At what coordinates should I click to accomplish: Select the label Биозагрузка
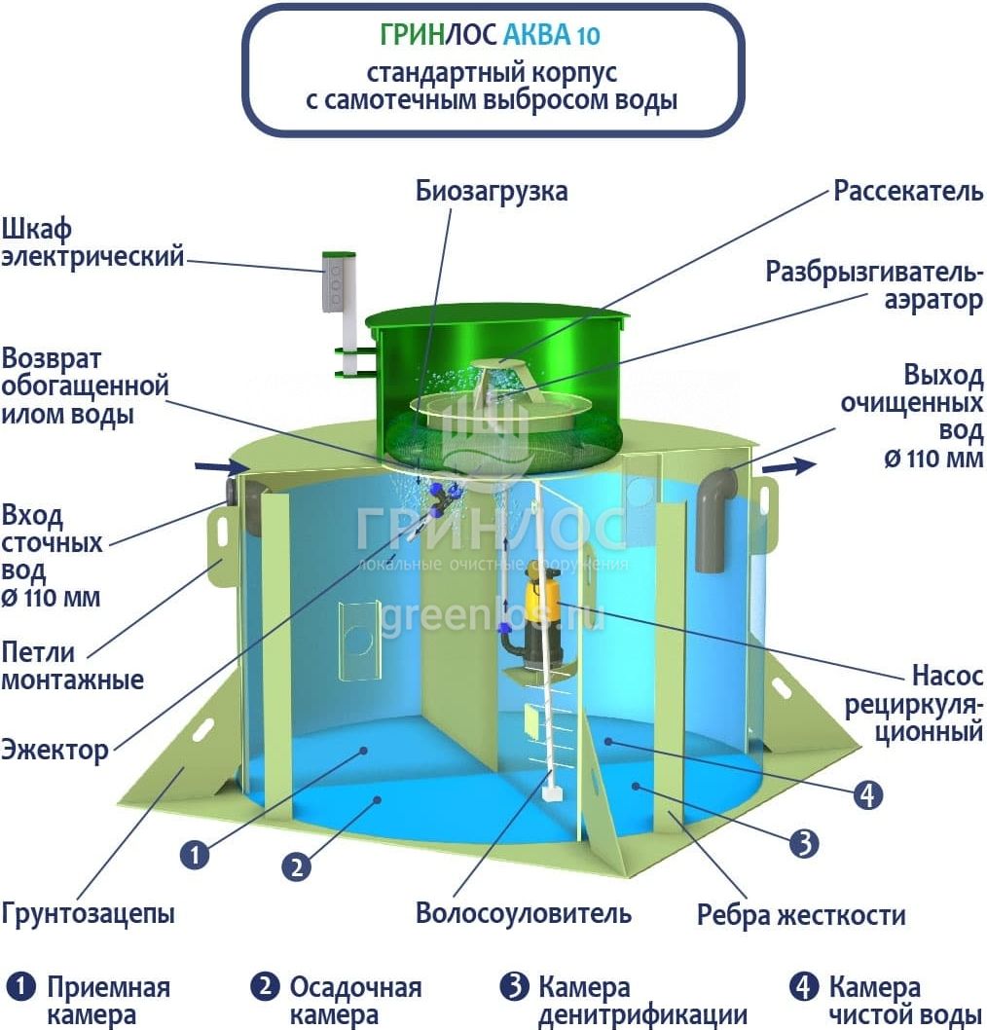[492, 191]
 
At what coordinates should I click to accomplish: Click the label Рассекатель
[908, 191]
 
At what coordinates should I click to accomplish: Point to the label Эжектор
[55, 750]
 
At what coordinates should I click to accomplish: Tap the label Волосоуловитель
[524, 913]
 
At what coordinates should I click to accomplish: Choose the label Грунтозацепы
[88, 914]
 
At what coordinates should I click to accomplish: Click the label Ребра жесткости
[801, 914]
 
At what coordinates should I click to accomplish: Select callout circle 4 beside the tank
[867, 794]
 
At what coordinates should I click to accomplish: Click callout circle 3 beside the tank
[804, 842]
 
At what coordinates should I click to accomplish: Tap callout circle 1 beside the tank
[195, 856]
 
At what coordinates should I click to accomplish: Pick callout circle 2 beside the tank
[297, 867]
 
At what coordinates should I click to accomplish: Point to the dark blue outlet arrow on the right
[788, 466]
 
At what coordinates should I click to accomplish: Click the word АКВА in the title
[536, 35]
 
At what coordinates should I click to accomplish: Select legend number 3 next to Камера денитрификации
[515, 986]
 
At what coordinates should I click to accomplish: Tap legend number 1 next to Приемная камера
[20, 986]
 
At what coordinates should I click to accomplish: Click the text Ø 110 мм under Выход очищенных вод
[933, 458]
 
